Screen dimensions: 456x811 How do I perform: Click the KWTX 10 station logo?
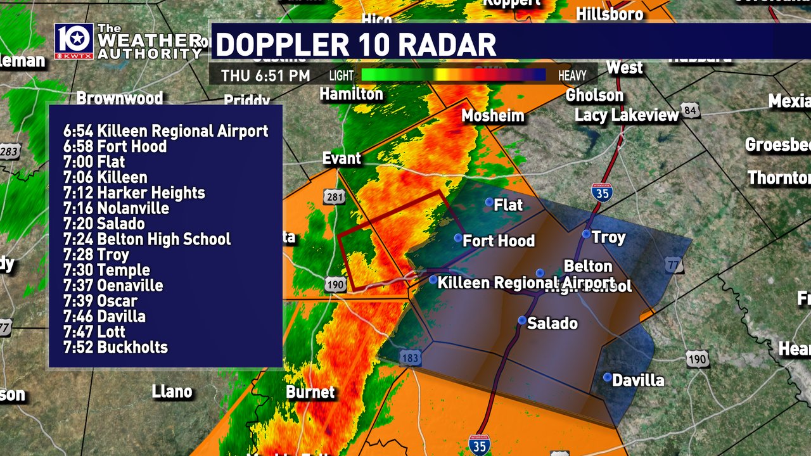point(74,42)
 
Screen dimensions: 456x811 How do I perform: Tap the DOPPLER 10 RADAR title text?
point(356,44)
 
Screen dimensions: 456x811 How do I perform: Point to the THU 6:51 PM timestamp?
point(265,76)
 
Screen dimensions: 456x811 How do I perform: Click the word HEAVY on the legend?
point(572,76)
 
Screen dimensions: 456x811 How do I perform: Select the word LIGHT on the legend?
point(342,76)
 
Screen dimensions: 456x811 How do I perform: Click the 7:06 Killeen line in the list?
point(105,177)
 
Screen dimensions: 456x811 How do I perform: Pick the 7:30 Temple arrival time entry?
point(106,270)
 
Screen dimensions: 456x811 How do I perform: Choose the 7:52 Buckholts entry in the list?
point(115,347)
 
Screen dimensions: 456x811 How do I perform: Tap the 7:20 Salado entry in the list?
point(104,224)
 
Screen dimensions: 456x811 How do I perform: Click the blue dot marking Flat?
point(489,202)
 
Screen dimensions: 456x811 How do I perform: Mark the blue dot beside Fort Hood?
point(458,238)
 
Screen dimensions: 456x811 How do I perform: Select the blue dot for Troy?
point(587,234)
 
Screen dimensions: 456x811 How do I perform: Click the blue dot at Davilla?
point(608,377)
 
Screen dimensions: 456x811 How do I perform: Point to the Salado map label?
point(552,323)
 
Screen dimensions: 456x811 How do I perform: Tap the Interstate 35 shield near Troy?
point(602,192)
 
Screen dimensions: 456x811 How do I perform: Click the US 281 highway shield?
point(335,197)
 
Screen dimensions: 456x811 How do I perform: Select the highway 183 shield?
point(411,358)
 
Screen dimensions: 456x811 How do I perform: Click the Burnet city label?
point(310,392)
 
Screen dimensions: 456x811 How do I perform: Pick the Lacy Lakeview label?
point(627,115)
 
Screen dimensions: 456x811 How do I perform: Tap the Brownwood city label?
point(120,98)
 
